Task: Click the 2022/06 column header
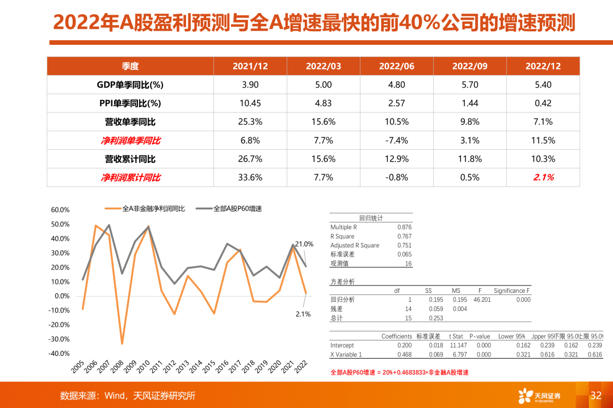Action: click(397, 66)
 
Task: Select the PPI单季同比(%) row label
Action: click(130, 103)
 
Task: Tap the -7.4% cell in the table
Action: click(397, 140)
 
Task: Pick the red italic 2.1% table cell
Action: click(543, 177)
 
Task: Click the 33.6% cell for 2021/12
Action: click(250, 177)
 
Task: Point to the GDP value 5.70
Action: click(470, 85)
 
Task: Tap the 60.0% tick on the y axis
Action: click(60, 210)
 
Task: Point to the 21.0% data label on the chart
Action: click(304, 244)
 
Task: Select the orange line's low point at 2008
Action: click(122, 343)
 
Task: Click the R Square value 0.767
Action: click(404, 236)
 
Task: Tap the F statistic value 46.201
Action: click(482, 300)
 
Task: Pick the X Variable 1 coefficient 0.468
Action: click(404, 355)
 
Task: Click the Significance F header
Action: click(511, 291)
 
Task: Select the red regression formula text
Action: click(400, 372)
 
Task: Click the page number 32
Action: click(595, 396)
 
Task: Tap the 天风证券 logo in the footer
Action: click(539, 396)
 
